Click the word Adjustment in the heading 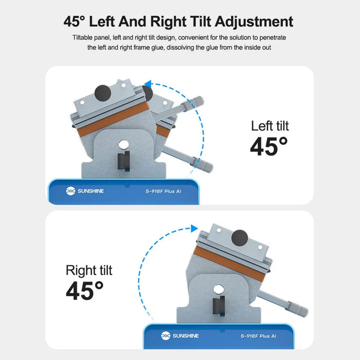pos(254,22)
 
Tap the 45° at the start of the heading pos(74,22)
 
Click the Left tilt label pos(270,126)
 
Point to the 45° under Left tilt pos(268,146)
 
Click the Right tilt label pos(89,270)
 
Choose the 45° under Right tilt pos(84,291)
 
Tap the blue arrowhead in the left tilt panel pos(148,84)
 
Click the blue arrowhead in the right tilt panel pos(194,228)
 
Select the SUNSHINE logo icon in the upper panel pos(70,191)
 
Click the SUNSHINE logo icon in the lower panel pos(166,336)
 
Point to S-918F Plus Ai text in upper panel pos(163,191)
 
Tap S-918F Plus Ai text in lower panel pos(258,336)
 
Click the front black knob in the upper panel pos(103,93)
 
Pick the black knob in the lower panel pos(240,238)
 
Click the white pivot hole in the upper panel pos(124,145)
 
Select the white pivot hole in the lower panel pos(219,290)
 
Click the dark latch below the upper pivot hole pos(124,161)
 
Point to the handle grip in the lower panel pos(298,309)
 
